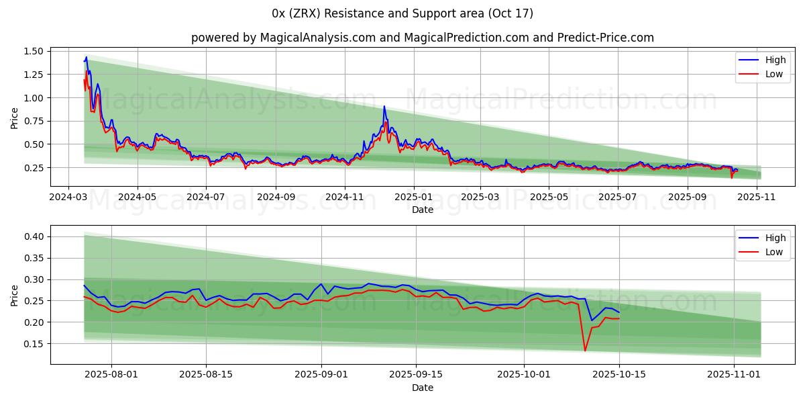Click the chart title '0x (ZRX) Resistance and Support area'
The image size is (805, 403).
402,13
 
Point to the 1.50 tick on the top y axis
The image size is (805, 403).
34,52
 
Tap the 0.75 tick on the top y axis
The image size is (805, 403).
34,121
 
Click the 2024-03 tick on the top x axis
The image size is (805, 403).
68,197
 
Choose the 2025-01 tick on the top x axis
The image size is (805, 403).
413,197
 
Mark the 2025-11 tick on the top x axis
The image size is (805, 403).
756,197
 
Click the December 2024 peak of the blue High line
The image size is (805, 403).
384,106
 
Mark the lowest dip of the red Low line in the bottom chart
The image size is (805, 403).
584,351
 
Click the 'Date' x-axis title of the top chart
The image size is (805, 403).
423,210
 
